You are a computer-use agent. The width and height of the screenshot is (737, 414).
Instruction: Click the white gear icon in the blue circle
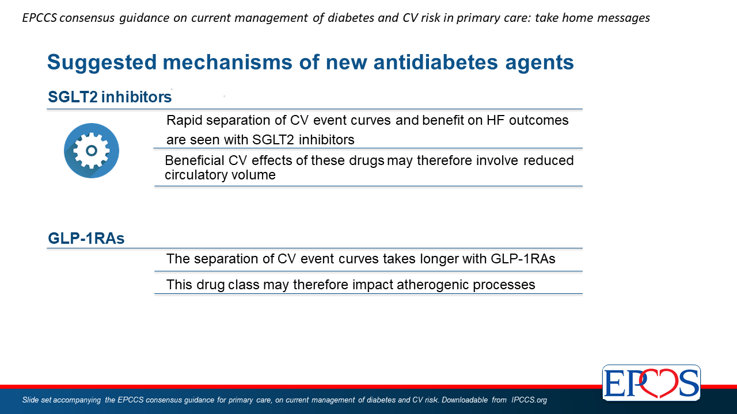[x=92, y=151]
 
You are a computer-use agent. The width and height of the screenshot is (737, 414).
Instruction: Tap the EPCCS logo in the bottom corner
[x=651, y=382]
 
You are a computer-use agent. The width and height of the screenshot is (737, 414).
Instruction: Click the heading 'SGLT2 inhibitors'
[x=110, y=97]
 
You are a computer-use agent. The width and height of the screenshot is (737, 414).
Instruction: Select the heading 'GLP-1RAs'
[x=86, y=238]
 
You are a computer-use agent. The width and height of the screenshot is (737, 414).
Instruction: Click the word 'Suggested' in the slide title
[x=102, y=63]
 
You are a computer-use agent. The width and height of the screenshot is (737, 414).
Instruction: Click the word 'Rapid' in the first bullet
[x=184, y=121]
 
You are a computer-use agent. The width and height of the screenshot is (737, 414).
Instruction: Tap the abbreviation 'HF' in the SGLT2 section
[x=496, y=120]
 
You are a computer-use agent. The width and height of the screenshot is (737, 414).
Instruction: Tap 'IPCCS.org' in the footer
[x=529, y=400]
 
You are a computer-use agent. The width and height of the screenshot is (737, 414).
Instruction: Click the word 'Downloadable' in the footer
[x=465, y=400]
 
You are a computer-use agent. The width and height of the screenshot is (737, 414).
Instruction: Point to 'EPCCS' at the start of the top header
[x=40, y=18]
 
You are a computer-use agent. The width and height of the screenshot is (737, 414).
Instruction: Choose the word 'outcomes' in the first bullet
[x=538, y=120]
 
